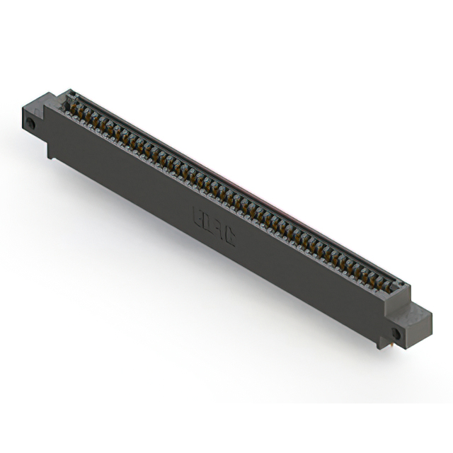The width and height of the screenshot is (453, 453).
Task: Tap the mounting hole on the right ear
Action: (x=396, y=333)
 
